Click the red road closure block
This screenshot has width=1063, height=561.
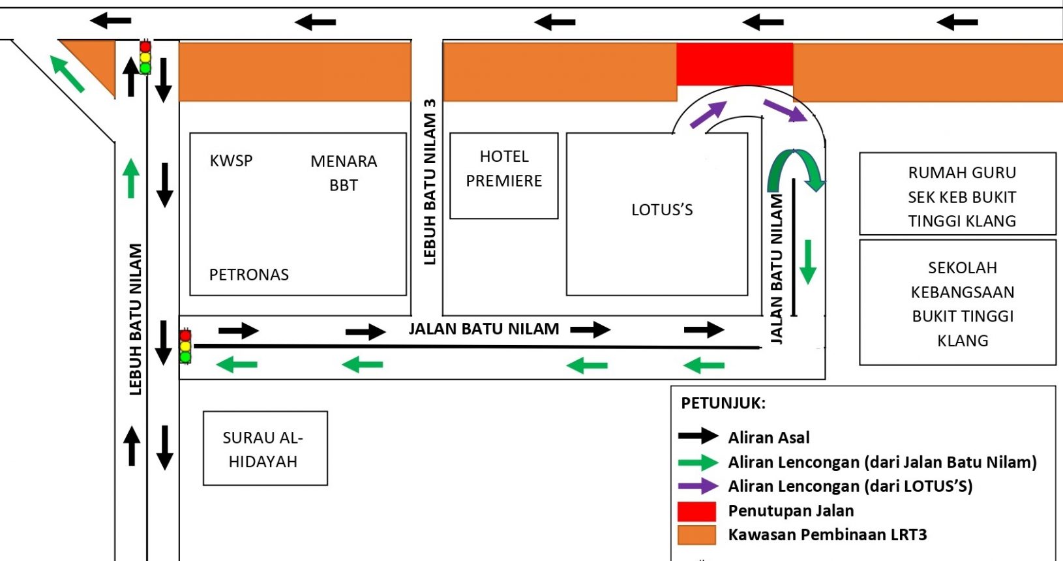tap(734, 64)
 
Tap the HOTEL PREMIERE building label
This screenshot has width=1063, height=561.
tap(504, 168)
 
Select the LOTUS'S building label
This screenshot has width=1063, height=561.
tap(662, 210)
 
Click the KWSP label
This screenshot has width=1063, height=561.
tap(231, 161)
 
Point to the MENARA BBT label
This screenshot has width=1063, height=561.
tap(344, 173)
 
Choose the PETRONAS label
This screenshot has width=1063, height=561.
tap(248, 275)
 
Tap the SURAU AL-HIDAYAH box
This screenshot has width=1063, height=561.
tap(265, 449)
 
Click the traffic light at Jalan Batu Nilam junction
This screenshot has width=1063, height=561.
tap(186, 346)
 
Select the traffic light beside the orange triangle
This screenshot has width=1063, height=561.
tap(145, 57)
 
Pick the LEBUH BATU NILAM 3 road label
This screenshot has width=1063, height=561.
tap(430, 182)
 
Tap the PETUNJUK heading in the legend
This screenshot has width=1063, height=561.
tap(723, 403)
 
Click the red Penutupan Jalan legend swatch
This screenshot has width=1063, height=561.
tap(696, 511)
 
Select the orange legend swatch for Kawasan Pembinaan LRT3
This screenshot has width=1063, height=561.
tap(696, 535)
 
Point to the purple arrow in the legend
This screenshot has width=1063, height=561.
tap(698, 486)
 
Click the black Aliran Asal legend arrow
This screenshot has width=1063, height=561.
tap(698, 436)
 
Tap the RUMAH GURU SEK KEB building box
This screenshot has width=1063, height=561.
tap(958, 194)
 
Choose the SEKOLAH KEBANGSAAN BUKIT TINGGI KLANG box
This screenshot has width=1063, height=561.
tap(958, 303)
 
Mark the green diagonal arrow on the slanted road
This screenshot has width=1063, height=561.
tap(67, 74)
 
